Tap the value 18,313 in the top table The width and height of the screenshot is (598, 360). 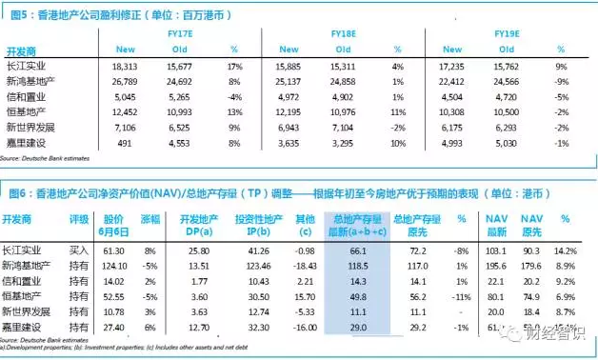pos(126,66)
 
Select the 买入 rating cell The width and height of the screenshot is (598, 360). pos(80,249)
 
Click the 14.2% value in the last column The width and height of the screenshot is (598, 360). pos(565,249)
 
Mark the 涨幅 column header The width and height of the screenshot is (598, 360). pos(150,218)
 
